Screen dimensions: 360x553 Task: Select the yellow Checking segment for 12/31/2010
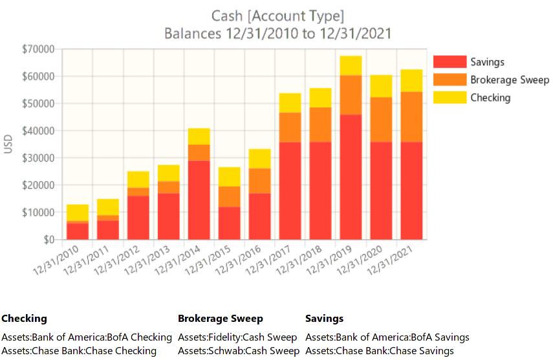point(78,213)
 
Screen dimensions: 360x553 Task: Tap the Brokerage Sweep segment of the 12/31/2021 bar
point(412,116)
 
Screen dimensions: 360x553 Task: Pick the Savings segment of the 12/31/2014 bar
point(199,200)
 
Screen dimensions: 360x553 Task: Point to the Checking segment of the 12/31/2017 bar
point(290,103)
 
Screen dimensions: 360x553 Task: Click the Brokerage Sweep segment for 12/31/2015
point(230,196)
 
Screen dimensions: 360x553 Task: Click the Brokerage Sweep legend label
point(510,80)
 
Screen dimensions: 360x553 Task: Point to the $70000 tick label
point(38,49)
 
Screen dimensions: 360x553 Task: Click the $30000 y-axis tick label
point(38,158)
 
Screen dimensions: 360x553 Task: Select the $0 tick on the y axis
point(47,240)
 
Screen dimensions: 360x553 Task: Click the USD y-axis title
point(8,144)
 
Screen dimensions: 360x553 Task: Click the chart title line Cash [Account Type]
point(277,16)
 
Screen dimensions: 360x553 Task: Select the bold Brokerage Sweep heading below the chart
point(221,319)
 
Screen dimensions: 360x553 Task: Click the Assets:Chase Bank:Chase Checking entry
point(79,351)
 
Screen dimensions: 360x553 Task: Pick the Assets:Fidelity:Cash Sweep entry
point(237,337)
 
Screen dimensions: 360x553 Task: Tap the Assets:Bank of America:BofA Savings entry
point(387,337)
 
